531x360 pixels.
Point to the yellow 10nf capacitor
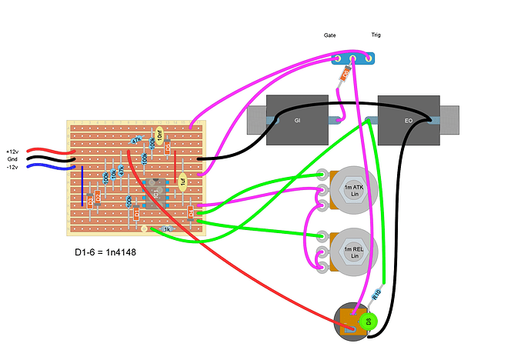159,137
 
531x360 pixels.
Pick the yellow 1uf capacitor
183,182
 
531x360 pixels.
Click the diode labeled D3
90,202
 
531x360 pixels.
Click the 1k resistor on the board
165,228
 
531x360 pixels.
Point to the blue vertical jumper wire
82,187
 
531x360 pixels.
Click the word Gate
329,35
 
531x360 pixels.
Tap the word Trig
376,35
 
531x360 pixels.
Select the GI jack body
297,120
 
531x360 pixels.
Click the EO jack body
408,120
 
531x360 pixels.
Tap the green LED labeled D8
368,320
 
